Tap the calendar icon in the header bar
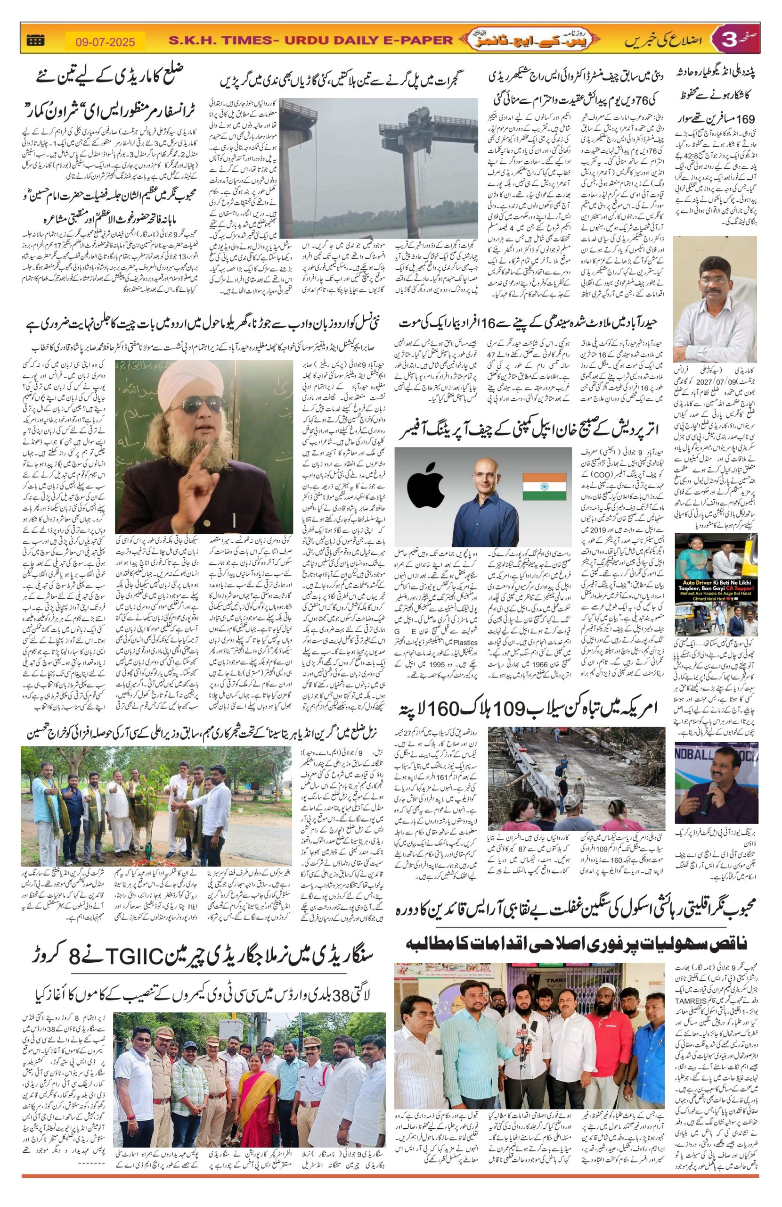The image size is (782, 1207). pyautogui.click(x=35, y=40)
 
